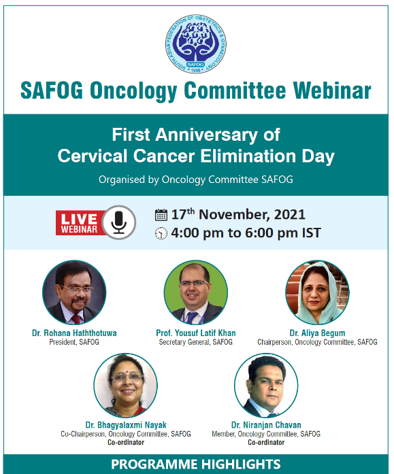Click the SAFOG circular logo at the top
tap(196, 44)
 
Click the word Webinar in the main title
tap(332, 90)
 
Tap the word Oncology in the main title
tap(133, 91)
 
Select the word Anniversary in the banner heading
tap(206, 135)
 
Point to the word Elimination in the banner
tap(248, 156)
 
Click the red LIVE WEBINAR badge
tap(80, 223)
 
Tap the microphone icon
tap(119, 222)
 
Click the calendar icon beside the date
tap(161, 215)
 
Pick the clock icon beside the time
tap(161, 233)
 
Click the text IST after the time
tap(312, 233)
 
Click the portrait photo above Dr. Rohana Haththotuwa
tap(74, 292)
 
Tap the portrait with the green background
tap(196, 292)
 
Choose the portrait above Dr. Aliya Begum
tap(318, 292)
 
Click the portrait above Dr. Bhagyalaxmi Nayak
tap(125, 386)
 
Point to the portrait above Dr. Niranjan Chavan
tap(266, 386)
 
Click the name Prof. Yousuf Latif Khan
tap(196, 333)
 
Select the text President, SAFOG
tap(74, 342)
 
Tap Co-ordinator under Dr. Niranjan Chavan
tap(266, 442)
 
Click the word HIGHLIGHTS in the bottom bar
tap(241, 464)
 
